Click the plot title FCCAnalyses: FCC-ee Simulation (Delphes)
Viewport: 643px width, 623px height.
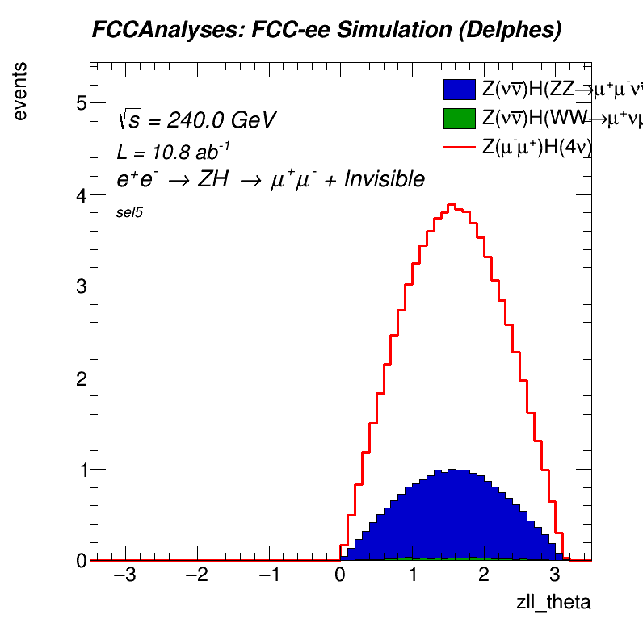tap(326, 31)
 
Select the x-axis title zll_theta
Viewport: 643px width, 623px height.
tap(553, 602)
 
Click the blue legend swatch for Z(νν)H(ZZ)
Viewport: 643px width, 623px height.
tap(460, 88)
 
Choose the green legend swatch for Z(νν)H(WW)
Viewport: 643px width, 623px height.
tap(460, 118)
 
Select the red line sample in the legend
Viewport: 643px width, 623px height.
tap(460, 148)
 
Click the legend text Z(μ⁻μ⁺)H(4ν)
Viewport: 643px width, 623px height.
tap(536, 148)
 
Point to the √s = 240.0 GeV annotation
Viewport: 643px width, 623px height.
tap(196, 120)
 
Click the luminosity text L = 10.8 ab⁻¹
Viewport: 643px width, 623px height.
tap(174, 152)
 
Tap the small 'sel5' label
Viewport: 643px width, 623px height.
tap(130, 213)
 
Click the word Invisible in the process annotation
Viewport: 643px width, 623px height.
tap(385, 179)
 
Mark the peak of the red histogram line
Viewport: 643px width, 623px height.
tap(452, 204)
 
